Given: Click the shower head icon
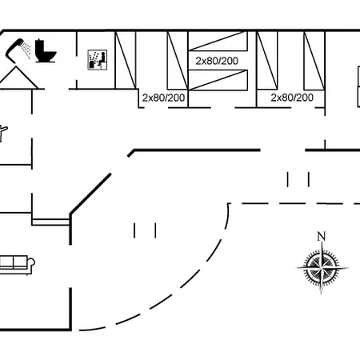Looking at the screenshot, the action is tap(14, 50).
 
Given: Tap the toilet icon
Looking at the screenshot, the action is tap(46, 51).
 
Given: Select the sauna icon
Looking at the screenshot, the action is tap(98, 60).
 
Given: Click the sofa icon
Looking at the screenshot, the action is tap(16, 265).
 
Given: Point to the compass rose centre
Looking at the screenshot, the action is tap(322, 267).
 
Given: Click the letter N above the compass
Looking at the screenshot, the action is tap(322, 236).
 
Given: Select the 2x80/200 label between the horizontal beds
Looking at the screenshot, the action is tap(217, 61).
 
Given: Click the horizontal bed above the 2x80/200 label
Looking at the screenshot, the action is tap(218, 41).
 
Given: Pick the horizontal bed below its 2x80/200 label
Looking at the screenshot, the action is tap(218, 80).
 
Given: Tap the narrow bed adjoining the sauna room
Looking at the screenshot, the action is tap(126, 60).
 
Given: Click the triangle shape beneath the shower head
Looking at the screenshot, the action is tap(18, 78).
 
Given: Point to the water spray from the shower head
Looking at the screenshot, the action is tap(26, 50).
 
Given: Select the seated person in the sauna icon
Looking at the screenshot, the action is tap(102, 59).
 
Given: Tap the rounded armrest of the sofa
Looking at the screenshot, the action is tap(32, 262).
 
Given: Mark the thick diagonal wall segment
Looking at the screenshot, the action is tap(90, 194).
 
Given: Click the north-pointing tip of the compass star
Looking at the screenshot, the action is tap(322, 242).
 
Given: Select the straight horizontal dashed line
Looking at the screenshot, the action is tap(294, 204).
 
